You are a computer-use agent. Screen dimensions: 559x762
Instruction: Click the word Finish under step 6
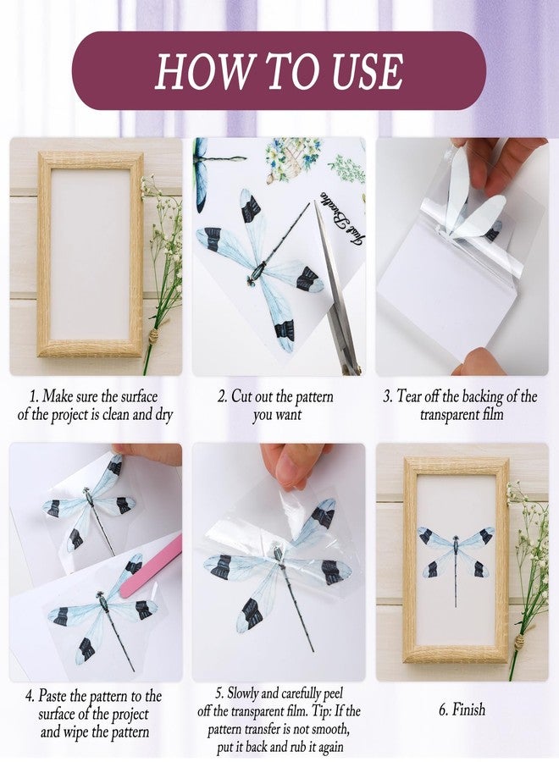pyautogui.click(x=468, y=710)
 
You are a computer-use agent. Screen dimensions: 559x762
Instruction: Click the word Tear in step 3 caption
pyautogui.click(x=407, y=396)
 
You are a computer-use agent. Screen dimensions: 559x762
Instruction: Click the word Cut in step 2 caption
pyautogui.click(x=241, y=396)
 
